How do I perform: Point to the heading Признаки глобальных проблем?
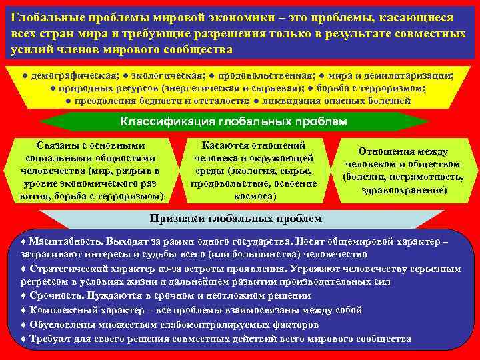pyautogui.click(x=235, y=219)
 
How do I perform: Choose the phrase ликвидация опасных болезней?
pyautogui.click(x=337, y=101)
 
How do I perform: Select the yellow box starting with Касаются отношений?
pyautogui.click(x=253, y=171)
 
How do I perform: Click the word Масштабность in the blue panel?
pyautogui.click(x=61, y=242)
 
